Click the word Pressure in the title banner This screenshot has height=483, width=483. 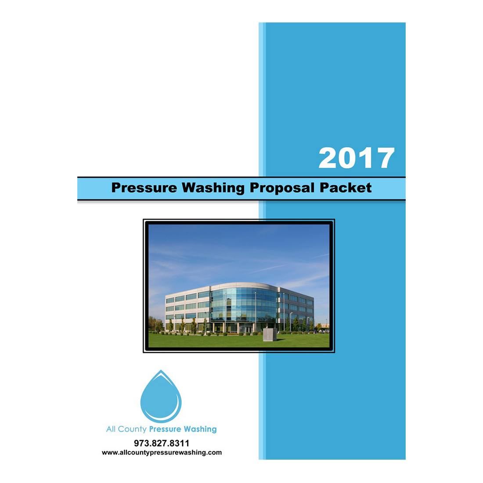tap(144, 188)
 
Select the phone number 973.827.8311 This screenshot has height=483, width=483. tap(162, 443)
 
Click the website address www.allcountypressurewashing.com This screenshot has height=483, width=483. tap(162, 453)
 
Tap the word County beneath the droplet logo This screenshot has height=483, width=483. tap(132, 429)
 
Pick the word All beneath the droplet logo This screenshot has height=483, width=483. tap(111, 429)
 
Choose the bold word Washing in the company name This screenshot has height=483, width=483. tap(200, 429)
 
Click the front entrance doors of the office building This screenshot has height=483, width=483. tap(246, 328)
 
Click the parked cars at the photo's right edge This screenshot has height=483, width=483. tap(324, 326)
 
